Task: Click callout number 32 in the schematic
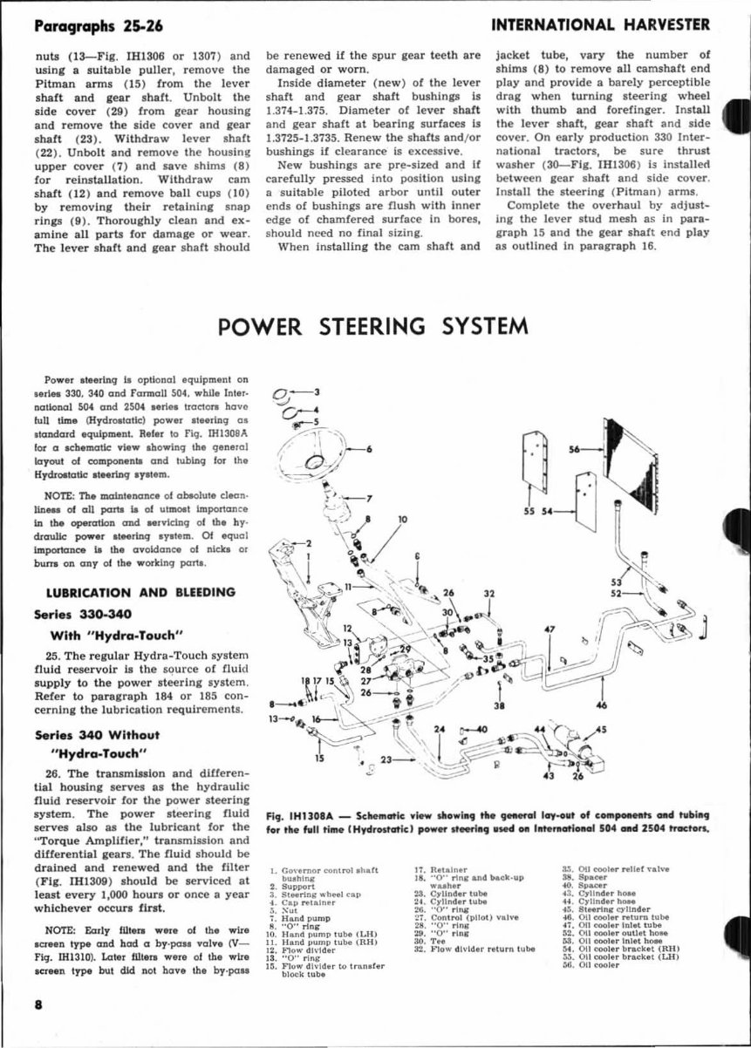coord(489,594)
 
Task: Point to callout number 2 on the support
coord(307,543)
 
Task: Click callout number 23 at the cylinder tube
coord(386,761)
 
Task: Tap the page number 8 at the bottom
coord(38,1003)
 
